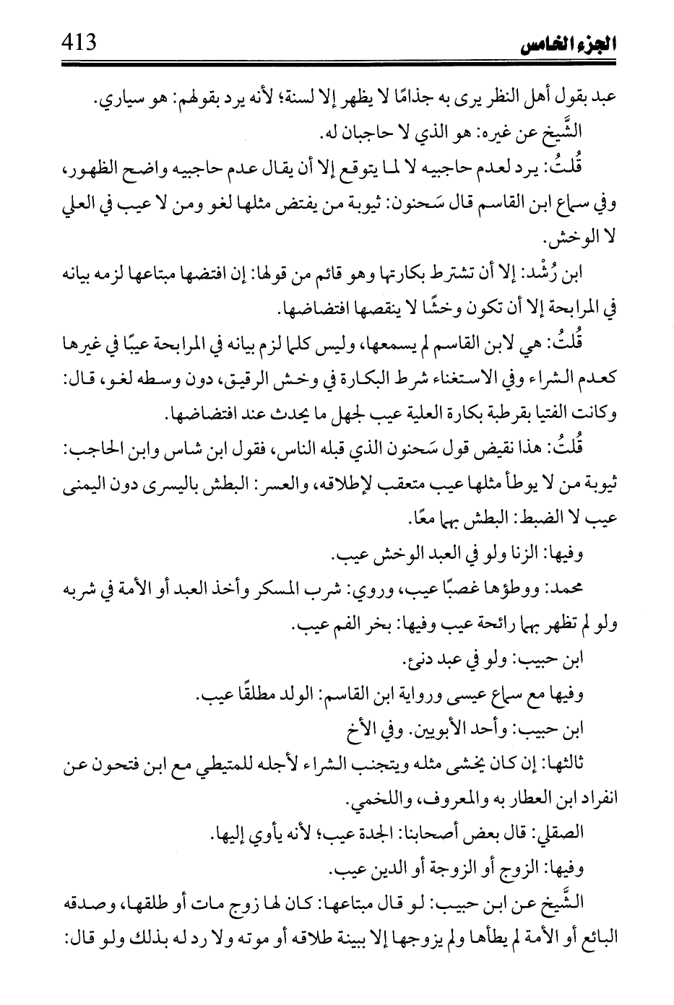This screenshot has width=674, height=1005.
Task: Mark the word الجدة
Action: (387, 834)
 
